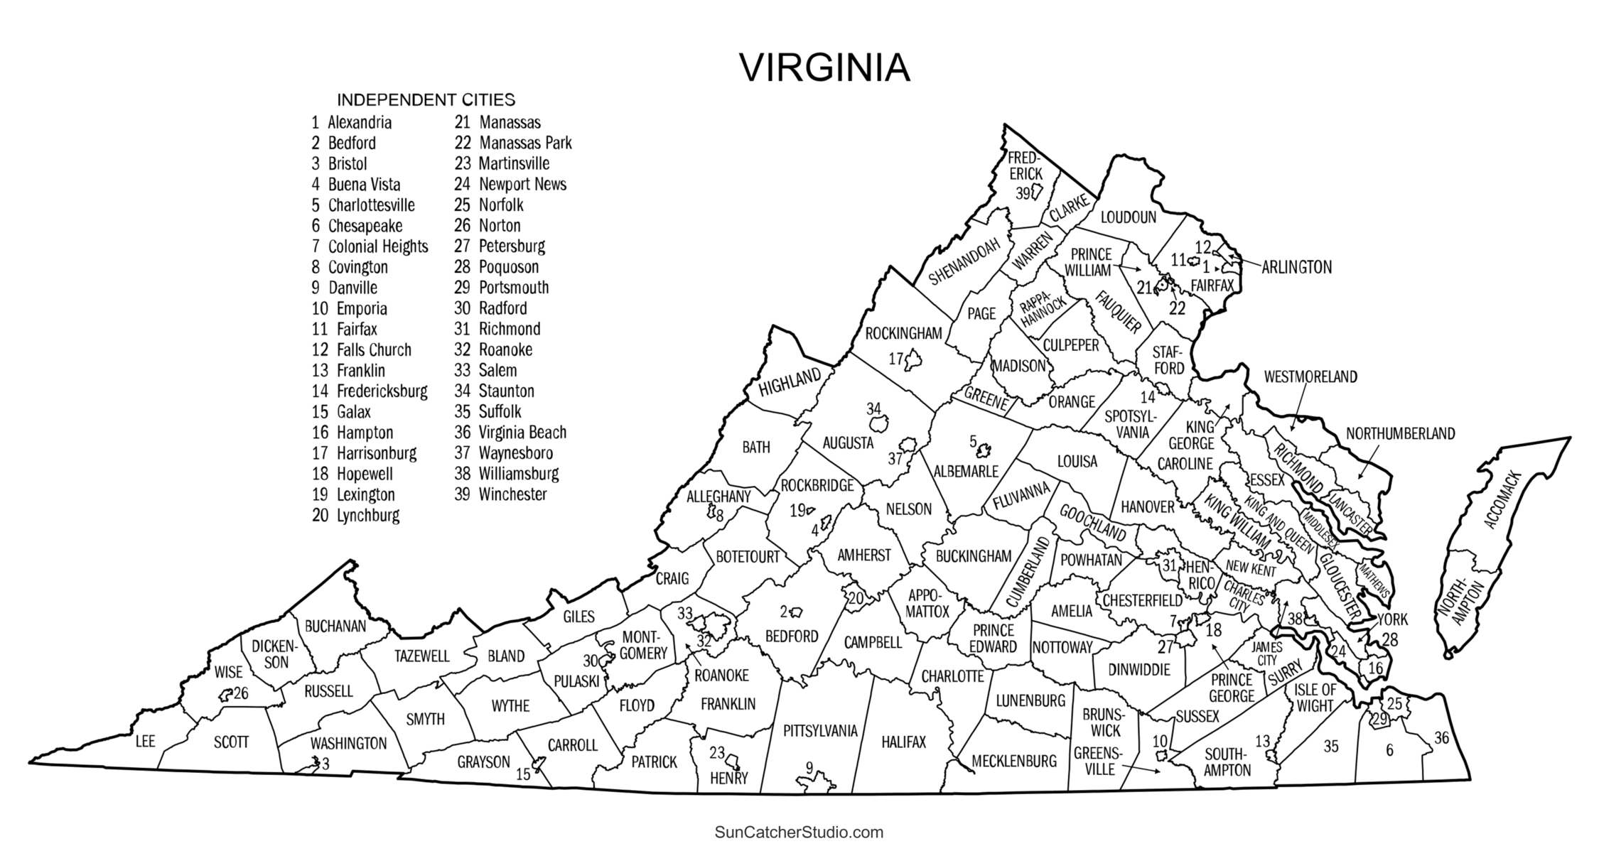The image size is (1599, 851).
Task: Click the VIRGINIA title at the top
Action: [824, 68]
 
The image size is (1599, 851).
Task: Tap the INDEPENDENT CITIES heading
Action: [426, 99]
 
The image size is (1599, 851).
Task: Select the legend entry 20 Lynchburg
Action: [356, 515]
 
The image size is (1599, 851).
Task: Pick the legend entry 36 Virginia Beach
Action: [510, 432]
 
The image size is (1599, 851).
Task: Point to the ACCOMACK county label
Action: [1502, 499]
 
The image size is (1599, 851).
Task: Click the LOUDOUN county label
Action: [1128, 217]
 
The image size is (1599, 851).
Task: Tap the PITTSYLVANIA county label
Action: [820, 730]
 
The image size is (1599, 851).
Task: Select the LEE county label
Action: [145, 742]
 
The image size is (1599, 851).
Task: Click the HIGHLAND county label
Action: [790, 382]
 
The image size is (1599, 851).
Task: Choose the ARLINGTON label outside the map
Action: [1296, 268]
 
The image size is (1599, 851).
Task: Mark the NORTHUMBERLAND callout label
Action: [1400, 433]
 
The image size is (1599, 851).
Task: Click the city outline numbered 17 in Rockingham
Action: [913, 362]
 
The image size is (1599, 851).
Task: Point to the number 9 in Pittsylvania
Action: [809, 767]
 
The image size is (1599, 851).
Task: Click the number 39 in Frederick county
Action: [1023, 193]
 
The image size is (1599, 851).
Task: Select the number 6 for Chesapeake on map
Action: [1389, 750]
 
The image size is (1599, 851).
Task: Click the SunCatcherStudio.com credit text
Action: [799, 832]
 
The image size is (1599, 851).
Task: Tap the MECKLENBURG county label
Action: [1014, 761]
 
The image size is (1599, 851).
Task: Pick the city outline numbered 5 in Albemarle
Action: [984, 450]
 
